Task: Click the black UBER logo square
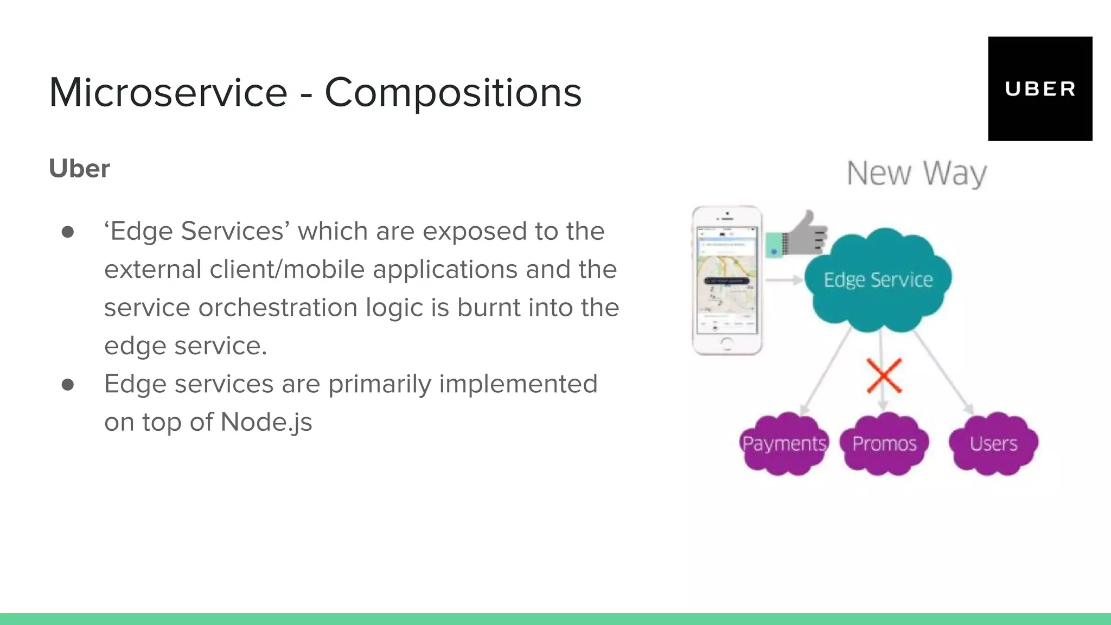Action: pos(1040,89)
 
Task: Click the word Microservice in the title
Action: pos(168,93)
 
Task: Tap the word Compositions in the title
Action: pos(453,93)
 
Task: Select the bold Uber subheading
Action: pos(79,169)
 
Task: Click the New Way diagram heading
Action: pos(916,174)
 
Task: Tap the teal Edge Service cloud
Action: pos(878,280)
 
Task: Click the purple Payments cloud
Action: pos(784,444)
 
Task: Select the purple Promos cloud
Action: pos(884,444)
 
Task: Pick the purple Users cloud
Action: pos(993,444)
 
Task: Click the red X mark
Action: pos(884,375)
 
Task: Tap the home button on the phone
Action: pos(727,343)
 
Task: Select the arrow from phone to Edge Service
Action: pos(784,280)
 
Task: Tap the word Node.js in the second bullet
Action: pos(266,422)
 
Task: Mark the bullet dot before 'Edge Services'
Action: pos(68,232)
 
